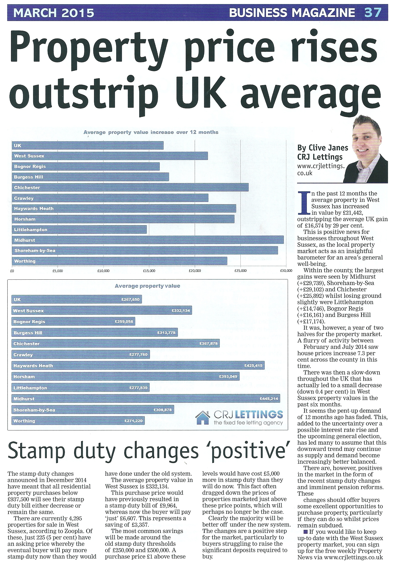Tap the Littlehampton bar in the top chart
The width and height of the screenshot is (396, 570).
coord(79,230)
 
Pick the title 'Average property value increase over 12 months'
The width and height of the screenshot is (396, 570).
coord(151,132)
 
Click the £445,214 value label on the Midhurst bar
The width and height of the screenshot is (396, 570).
coord(269,398)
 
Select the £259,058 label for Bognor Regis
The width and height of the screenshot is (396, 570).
coord(124,322)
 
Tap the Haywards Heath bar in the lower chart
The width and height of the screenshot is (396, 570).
coord(138,366)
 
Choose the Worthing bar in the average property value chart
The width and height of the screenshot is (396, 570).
coord(78,421)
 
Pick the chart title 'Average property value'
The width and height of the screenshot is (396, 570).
coord(147,286)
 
